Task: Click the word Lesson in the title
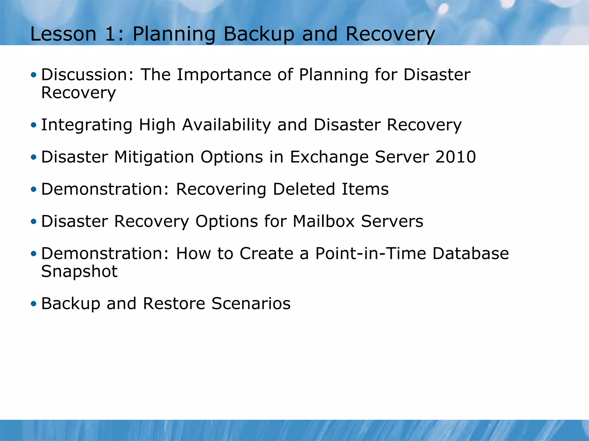pyautogui.click(x=63, y=34)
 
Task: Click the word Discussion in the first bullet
pyautogui.click(x=84, y=75)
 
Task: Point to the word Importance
pyautogui.click(x=224, y=75)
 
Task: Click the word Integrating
pyautogui.click(x=87, y=125)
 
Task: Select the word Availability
pyautogui.click(x=226, y=125)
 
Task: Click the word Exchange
pyautogui.click(x=329, y=157)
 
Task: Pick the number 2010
pyautogui.click(x=456, y=157)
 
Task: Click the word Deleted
pyautogui.click(x=304, y=189)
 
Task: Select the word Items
pyautogui.click(x=365, y=189)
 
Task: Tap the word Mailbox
pyautogui.click(x=324, y=221)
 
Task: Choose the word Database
pyautogui.click(x=471, y=254)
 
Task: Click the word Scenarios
pyautogui.click(x=251, y=303)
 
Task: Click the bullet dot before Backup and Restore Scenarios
pyautogui.click(x=34, y=304)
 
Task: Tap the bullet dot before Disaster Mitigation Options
pyautogui.click(x=34, y=157)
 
